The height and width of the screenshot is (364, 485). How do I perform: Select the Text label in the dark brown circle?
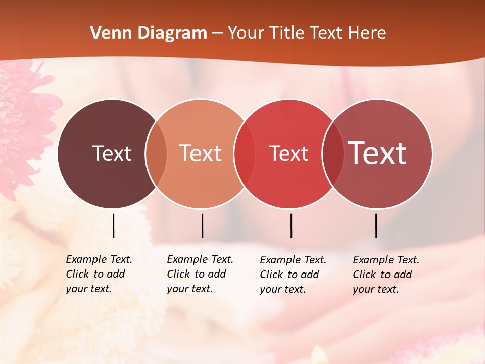(112, 153)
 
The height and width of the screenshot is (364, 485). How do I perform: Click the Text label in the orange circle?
(200, 153)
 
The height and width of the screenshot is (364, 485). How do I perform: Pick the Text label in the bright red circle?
(288, 153)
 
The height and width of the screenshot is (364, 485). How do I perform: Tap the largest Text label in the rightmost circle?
(377, 153)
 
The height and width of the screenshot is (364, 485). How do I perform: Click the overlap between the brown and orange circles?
(156, 154)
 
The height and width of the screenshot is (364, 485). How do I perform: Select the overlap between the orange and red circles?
(245, 154)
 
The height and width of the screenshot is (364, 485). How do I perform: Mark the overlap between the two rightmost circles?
(333, 154)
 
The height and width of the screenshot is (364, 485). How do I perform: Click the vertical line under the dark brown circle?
(113, 225)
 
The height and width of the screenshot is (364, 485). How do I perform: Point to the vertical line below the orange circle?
(202, 225)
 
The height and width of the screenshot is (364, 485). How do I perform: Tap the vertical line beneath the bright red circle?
(291, 225)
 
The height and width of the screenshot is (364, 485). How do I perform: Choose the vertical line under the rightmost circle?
(376, 225)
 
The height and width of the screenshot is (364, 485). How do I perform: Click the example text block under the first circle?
(99, 274)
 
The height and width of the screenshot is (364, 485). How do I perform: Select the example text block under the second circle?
(200, 274)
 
